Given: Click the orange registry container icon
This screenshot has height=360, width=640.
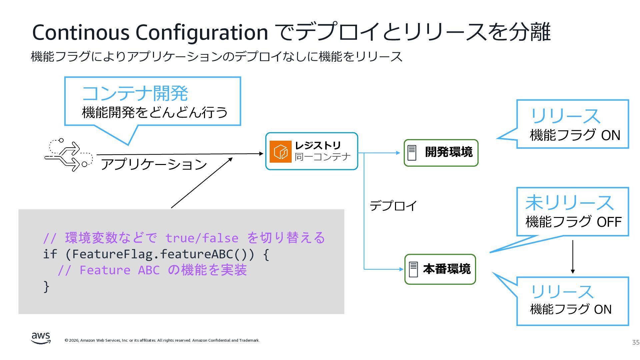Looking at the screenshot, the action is coord(280,152).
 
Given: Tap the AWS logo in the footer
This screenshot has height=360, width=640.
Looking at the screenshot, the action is coord(41,338).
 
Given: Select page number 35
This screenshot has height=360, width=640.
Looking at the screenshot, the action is coord(636,342).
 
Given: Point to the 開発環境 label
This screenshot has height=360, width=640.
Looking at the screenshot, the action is coord(449,152).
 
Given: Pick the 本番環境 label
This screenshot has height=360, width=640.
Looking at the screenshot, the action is coord(447,269).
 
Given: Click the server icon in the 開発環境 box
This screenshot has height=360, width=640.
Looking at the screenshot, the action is coord(412,153).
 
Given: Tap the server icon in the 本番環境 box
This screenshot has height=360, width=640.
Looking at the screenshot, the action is coord(413,269).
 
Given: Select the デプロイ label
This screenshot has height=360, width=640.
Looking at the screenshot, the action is coord(393,206).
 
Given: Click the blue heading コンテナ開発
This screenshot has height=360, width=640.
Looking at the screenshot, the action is coord(135,93).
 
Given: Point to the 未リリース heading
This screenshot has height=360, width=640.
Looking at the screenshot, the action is coord(569,203).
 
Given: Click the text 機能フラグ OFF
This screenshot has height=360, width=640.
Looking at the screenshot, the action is coord(573,222).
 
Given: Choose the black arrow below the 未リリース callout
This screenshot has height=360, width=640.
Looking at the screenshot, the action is coord(573,257).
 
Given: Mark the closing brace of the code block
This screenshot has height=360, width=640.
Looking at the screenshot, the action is coord(46,286).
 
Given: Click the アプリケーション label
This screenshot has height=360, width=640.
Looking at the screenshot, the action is coord(154,164).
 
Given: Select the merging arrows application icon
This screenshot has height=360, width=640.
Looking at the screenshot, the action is coord(68,155).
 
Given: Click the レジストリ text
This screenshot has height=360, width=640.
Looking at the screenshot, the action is coord(318,145).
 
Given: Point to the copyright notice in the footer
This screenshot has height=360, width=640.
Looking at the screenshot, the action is coord(162,340).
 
